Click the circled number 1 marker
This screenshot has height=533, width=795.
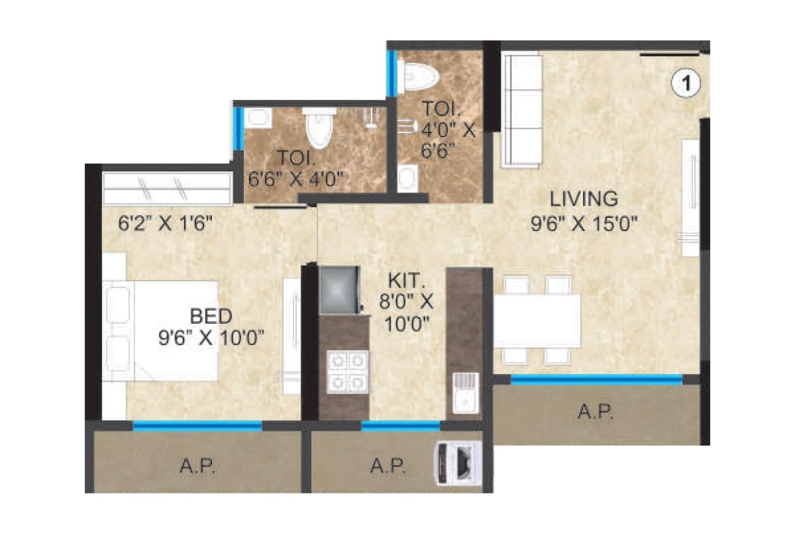[x=686, y=83]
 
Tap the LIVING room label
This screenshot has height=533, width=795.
[x=584, y=199]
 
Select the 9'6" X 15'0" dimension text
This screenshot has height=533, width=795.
[x=584, y=223]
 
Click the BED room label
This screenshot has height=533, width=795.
[x=211, y=316]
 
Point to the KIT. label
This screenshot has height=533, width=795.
[x=406, y=280]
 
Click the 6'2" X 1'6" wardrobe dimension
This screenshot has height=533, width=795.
[x=165, y=223]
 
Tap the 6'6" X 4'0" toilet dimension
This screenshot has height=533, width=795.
[x=296, y=179]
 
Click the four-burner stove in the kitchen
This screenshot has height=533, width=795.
[x=347, y=372]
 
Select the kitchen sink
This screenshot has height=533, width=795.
[x=465, y=392]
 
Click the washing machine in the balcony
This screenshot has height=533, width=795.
[x=459, y=464]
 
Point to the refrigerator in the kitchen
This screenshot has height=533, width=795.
[x=339, y=291]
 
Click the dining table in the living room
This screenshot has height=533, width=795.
[x=537, y=320]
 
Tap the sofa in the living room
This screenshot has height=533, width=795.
[x=521, y=111]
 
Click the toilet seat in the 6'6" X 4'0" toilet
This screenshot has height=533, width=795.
[x=319, y=128]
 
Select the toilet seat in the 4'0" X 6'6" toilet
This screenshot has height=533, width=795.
[x=418, y=77]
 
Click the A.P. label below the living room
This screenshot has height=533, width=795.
[x=595, y=412]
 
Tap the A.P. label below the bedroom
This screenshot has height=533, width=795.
[x=198, y=466]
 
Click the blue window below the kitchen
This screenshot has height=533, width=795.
[x=400, y=426]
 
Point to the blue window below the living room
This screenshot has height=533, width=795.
[x=597, y=380]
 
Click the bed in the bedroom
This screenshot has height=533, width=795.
[x=161, y=331]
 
